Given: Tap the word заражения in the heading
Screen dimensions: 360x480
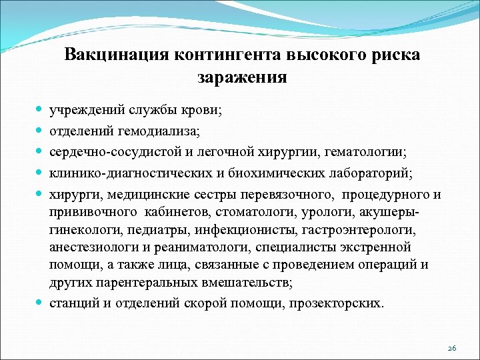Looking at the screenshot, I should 242,77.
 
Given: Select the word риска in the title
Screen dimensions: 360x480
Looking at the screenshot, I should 394,55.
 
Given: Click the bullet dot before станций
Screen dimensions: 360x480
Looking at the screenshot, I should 41,302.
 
